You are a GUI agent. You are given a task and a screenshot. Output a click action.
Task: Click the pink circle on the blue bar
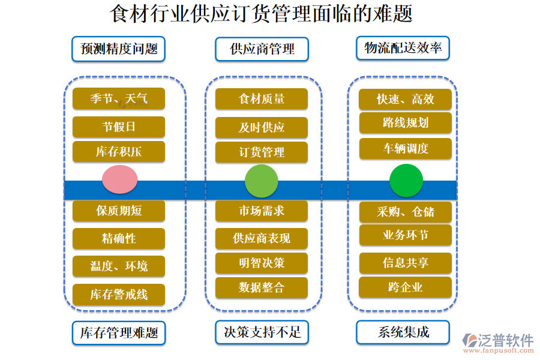click(120, 179)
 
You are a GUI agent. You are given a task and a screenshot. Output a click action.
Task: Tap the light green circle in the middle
click(262, 181)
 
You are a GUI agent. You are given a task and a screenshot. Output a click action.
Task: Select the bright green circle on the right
click(406, 180)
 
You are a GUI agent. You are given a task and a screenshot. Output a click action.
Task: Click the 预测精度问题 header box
click(119, 49)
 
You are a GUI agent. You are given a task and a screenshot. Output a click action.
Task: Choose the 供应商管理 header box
click(262, 49)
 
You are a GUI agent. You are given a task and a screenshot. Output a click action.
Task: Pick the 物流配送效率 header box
click(403, 48)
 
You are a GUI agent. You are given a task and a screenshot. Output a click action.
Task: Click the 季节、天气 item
click(119, 98)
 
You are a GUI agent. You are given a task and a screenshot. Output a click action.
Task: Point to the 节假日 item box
click(119, 127)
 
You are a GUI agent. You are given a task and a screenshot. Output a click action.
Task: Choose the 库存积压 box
click(119, 152)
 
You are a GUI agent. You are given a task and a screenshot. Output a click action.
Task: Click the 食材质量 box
click(262, 98)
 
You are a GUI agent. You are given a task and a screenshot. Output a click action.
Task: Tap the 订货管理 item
click(262, 152)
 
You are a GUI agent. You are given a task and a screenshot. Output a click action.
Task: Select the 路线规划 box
click(406, 123)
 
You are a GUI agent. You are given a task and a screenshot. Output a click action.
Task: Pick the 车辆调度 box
click(406, 148)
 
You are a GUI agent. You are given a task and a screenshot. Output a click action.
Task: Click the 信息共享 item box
click(406, 263)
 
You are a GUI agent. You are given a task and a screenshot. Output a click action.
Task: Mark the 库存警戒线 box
click(119, 295)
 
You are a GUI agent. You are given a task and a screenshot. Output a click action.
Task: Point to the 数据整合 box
click(262, 288)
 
